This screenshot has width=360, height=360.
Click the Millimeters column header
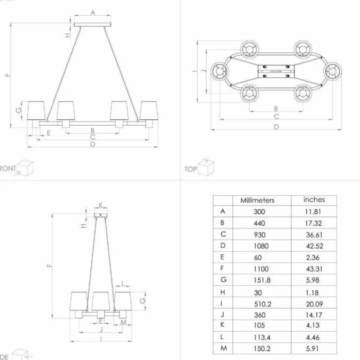pos(257,200)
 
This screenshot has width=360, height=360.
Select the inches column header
pos(314,199)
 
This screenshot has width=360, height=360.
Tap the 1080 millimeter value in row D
pos(260,245)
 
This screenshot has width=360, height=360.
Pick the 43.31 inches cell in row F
pos(314,269)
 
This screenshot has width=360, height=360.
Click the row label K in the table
pos(223,325)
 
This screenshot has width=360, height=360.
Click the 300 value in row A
pos(260,211)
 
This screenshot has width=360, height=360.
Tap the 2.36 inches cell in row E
pos(313,257)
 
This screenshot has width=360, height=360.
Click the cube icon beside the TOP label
pos(207,168)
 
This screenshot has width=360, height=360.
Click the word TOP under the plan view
pos(191,170)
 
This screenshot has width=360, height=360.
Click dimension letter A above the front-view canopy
pos(93,13)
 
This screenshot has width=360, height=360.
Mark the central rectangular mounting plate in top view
pos(275,71)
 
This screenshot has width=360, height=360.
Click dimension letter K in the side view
pos(101,205)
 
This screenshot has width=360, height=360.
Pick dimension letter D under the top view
pos(276,127)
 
